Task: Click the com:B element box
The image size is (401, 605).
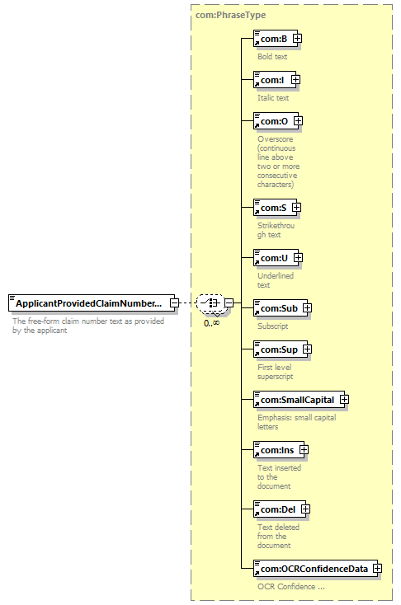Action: coord(276,39)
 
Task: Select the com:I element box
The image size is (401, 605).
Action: coord(275,80)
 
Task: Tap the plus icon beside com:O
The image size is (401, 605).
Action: coord(298,121)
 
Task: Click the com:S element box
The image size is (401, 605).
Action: coord(275,208)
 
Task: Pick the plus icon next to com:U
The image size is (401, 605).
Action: coord(298,257)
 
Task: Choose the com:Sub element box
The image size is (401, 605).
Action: coord(281,308)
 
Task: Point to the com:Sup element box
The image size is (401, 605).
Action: coord(281,349)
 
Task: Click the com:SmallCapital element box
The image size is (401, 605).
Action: coord(299,399)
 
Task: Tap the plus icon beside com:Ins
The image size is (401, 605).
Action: coord(304,449)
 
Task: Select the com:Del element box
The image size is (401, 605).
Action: coord(280,509)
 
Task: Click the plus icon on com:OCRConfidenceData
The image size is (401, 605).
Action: coord(377,569)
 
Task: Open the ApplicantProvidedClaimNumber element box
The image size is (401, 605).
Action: coord(92,303)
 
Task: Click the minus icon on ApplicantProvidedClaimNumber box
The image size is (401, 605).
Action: coord(175,302)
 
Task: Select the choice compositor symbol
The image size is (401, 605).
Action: coord(210,302)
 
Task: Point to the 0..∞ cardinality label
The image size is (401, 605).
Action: coord(212,323)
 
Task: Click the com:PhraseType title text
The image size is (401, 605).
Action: coord(231,15)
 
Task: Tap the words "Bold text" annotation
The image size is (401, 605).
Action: coord(272,56)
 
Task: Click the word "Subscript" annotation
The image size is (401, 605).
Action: coord(273,326)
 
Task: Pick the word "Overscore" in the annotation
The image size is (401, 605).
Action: coord(276,139)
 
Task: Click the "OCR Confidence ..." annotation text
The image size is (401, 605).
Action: coord(291,587)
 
